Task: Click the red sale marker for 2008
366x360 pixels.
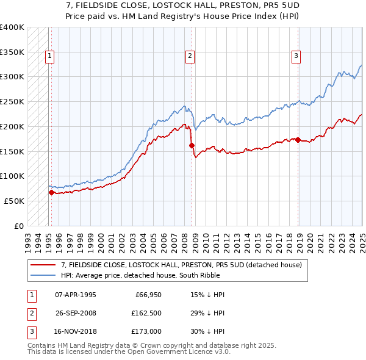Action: click(x=192, y=145)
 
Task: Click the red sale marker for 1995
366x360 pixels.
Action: click(x=51, y=192)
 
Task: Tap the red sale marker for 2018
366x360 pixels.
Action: click(x=298, y=140)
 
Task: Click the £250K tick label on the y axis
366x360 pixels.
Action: click(x=12, y=101)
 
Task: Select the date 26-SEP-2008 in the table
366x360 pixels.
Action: click(x=76, y=314)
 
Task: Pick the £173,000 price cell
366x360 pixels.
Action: click(x=146, y=333)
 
